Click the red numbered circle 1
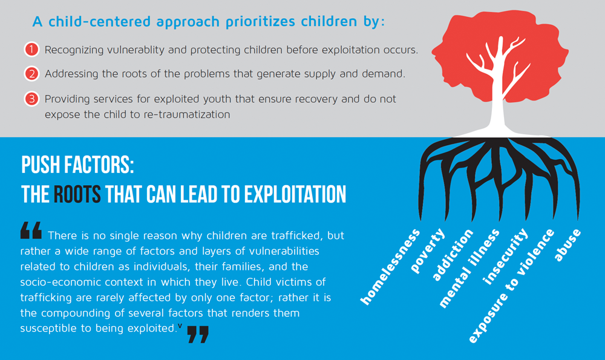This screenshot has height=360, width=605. pyautogui.click(x=31, y=50)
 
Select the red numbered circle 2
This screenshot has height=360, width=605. pyautogui.click(x=31, y=74)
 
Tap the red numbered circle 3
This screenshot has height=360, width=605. pyautogui.click(x=31, y=99)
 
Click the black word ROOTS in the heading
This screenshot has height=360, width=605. pyautogui.click(x=77, y=194)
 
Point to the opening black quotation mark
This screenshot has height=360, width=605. pyautogui.click(x=31, y=231)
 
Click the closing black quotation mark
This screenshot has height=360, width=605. pyautogui.click(x=198, y=334)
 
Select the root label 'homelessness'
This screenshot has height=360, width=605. pyautogui.click(x=390, y=267)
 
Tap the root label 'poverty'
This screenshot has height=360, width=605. pyautogui.click(x=428, y=251)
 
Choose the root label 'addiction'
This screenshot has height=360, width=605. pyautogui.click(x=452, y=255)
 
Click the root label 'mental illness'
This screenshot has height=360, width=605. pyautogui.click(x=469, y=268)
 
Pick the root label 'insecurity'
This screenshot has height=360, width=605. pyautogui.click(x=505, y=256)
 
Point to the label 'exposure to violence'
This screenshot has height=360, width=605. pyautogui.click(x=512, y=286)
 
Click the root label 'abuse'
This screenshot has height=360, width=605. pyautogui.click(x=567, y=244)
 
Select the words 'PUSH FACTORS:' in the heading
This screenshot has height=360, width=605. pyautogui.click(x=77, y=165)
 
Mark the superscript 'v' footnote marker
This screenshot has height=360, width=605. pyautogui.click(x=180, y=326)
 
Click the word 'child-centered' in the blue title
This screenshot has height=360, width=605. pyautogui.click(x=100, y=22)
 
